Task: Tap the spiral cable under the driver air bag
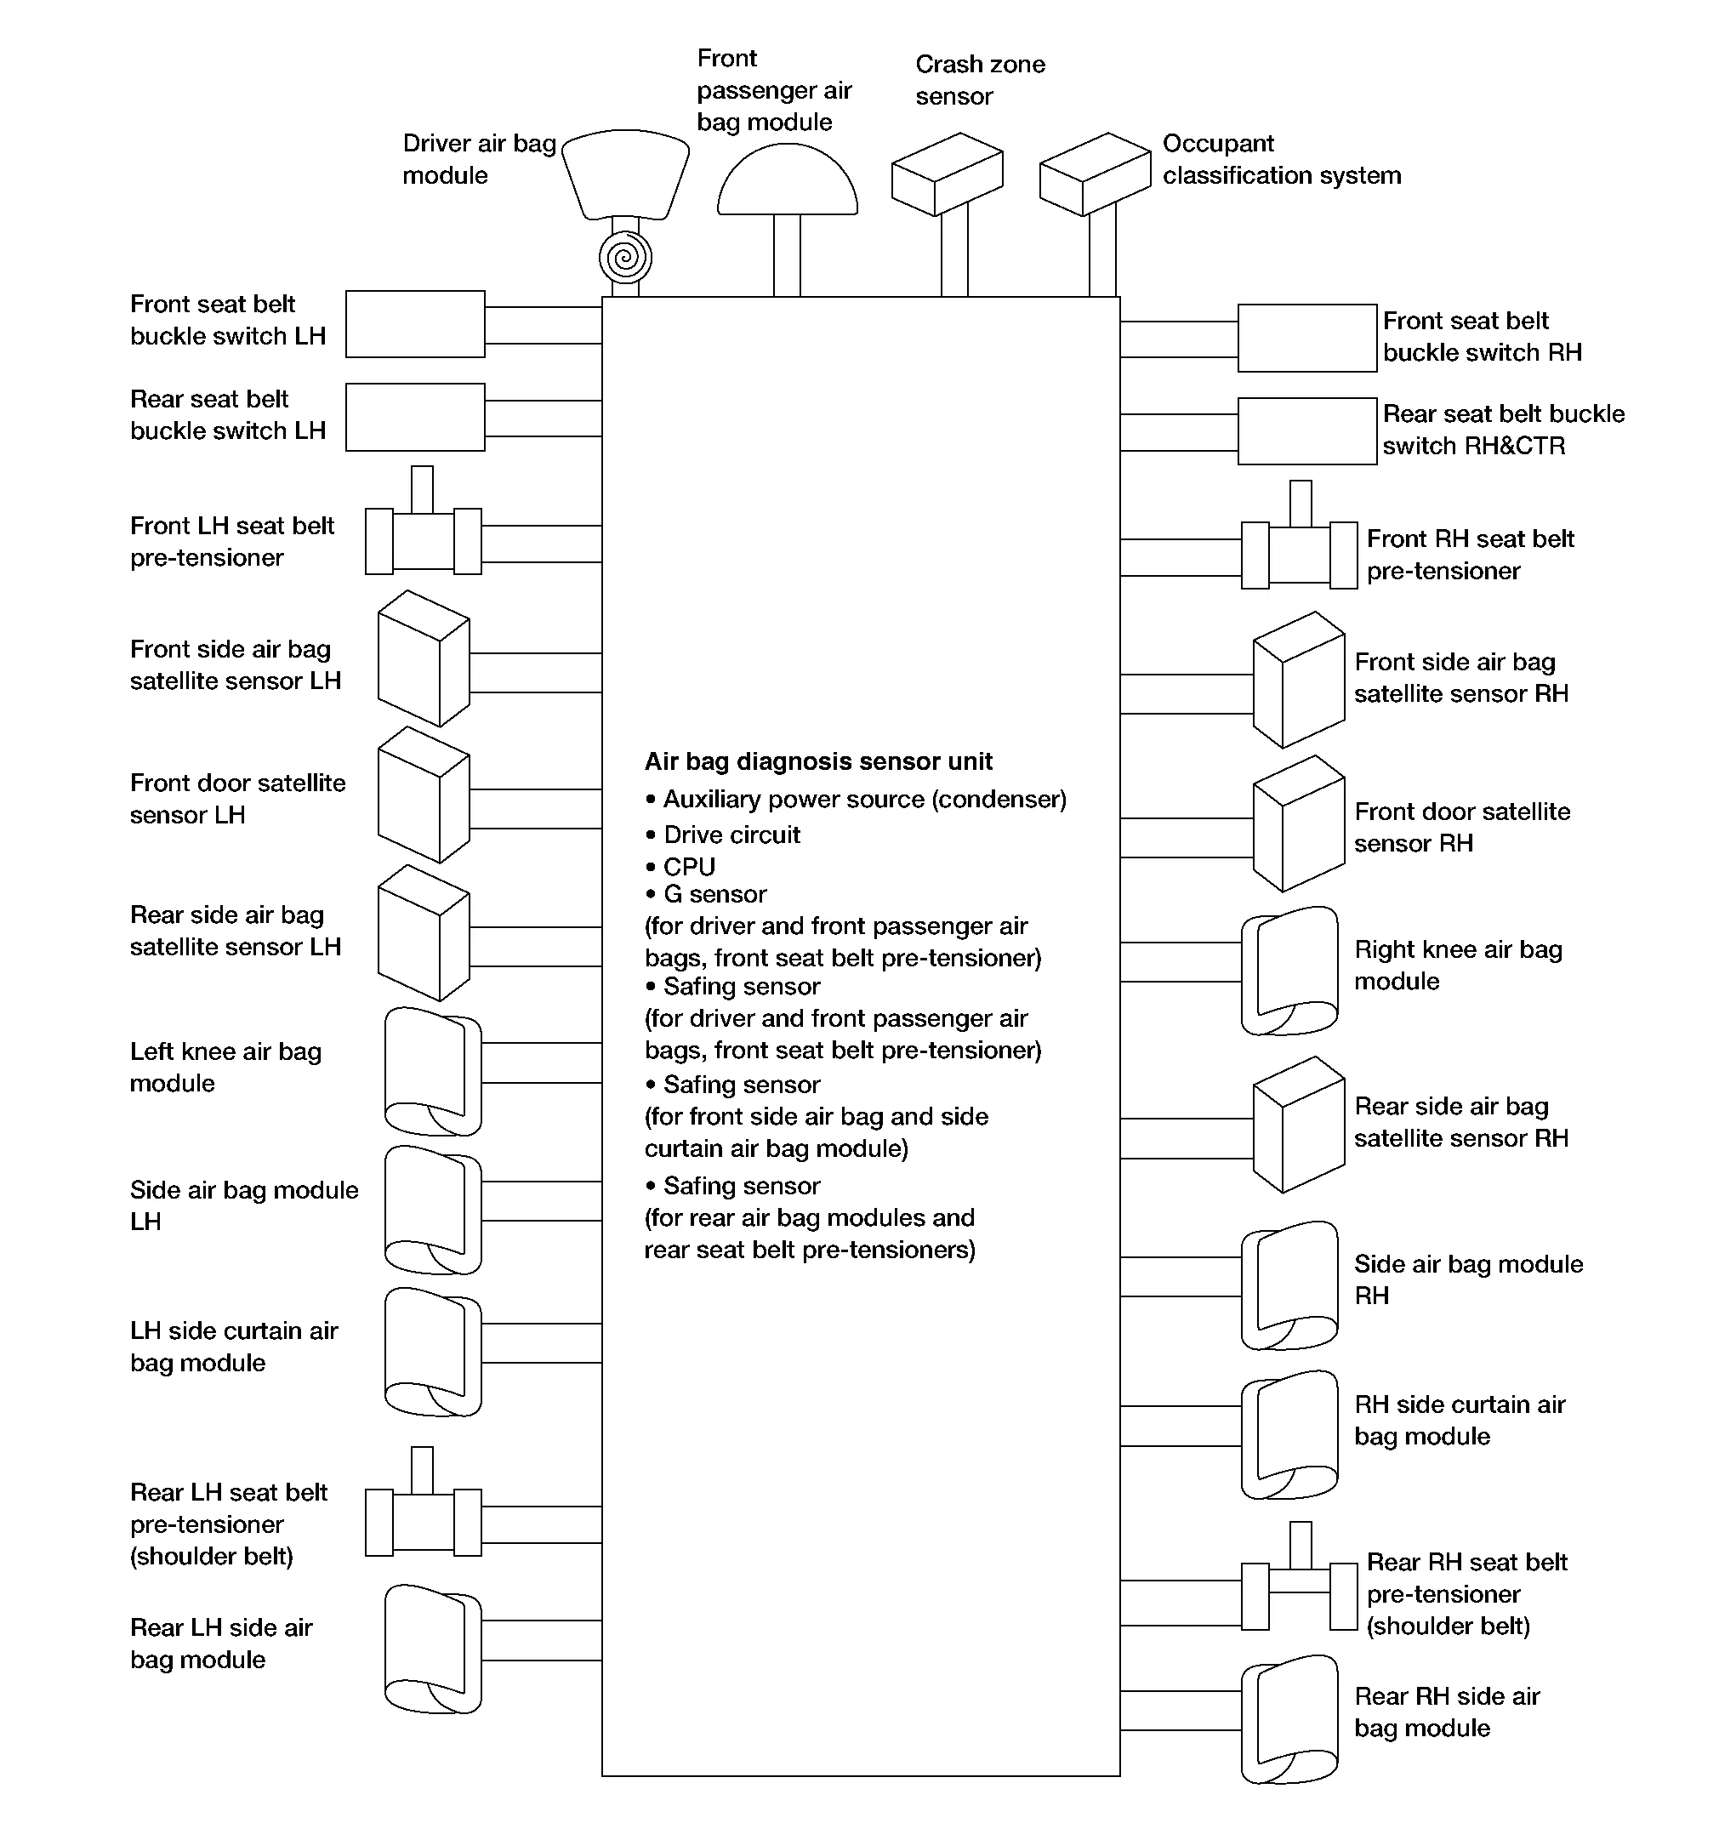625,257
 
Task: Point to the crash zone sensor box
947,175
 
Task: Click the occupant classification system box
1095,175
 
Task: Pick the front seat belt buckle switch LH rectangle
415,324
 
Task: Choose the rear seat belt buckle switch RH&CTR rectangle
1307,431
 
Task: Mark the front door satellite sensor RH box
1298,824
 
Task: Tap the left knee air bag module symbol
432,1072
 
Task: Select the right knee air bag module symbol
1289,971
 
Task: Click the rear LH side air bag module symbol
432,1649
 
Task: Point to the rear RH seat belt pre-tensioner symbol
1299,1592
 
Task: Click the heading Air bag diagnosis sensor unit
818,761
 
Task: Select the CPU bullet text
689,867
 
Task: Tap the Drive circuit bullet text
731,835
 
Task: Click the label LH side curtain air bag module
234,1347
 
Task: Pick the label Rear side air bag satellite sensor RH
1460,1122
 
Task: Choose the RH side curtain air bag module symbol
1289,1434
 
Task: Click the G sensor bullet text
714,895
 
